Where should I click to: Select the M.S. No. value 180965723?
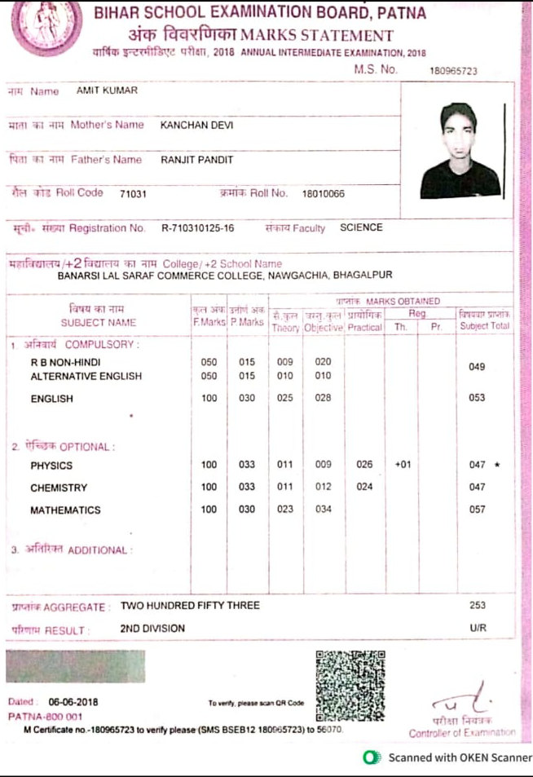(x=453, y=72)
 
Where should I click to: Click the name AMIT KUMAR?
(x=107, y=91)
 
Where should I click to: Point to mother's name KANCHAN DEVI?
(x=193, y=125)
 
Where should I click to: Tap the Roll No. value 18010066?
(x=324, y=193)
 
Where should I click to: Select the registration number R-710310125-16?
(x=198, y=228)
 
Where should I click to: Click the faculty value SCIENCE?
(x=361, y=227)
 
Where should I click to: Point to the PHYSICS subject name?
(x=51, y=466)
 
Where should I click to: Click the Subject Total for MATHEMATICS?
(x=477, y=510)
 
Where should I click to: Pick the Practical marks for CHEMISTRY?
(x=364, y=488)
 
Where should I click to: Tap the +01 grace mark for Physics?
(x=401, y=465)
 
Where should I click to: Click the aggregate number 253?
(x=478, y=606)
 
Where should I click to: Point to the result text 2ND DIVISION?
(x=152, y=629)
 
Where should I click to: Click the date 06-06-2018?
(x=72, y=701)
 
